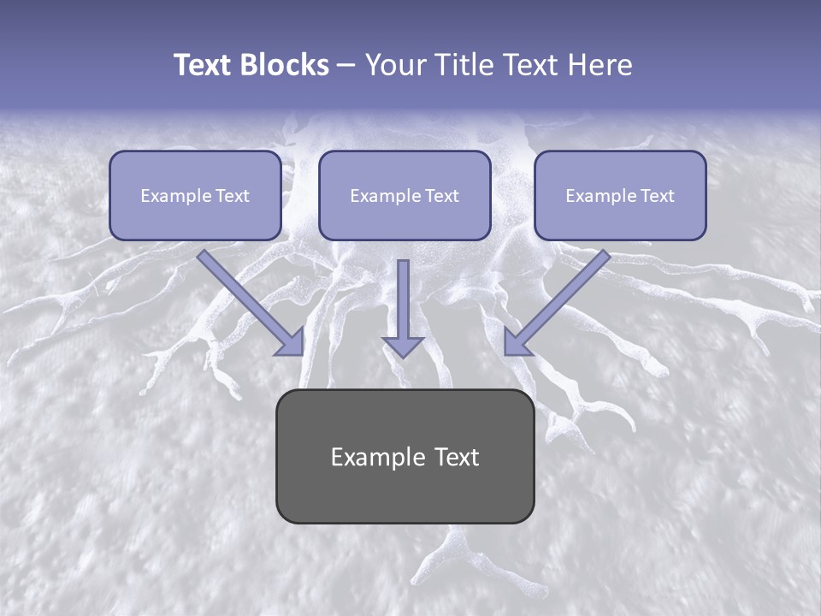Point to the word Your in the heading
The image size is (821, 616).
393,65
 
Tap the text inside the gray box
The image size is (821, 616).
405,457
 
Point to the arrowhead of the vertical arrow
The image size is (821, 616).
403,346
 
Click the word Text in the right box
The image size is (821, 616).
657,196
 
